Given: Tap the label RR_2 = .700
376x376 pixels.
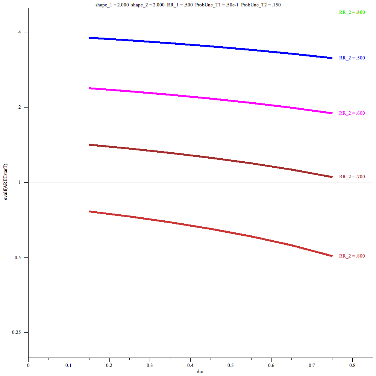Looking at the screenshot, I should point(352,177).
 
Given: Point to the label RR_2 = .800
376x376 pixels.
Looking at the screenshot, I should point(352,256).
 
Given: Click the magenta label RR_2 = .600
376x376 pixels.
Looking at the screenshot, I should point(352,113).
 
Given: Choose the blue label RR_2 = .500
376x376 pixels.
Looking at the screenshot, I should point(352,58).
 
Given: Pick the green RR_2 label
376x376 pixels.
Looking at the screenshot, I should point(352,12).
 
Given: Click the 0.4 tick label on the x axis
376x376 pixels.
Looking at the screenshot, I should point(190,365).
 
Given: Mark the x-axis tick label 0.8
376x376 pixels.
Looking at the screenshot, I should point(352,365).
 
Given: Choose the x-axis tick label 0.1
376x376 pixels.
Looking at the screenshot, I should point(69,365).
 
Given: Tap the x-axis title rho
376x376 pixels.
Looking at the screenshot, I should point(200,371).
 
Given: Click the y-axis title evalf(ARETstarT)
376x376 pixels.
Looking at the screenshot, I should point(6,182).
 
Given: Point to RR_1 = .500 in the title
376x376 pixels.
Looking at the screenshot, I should point(179,5).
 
